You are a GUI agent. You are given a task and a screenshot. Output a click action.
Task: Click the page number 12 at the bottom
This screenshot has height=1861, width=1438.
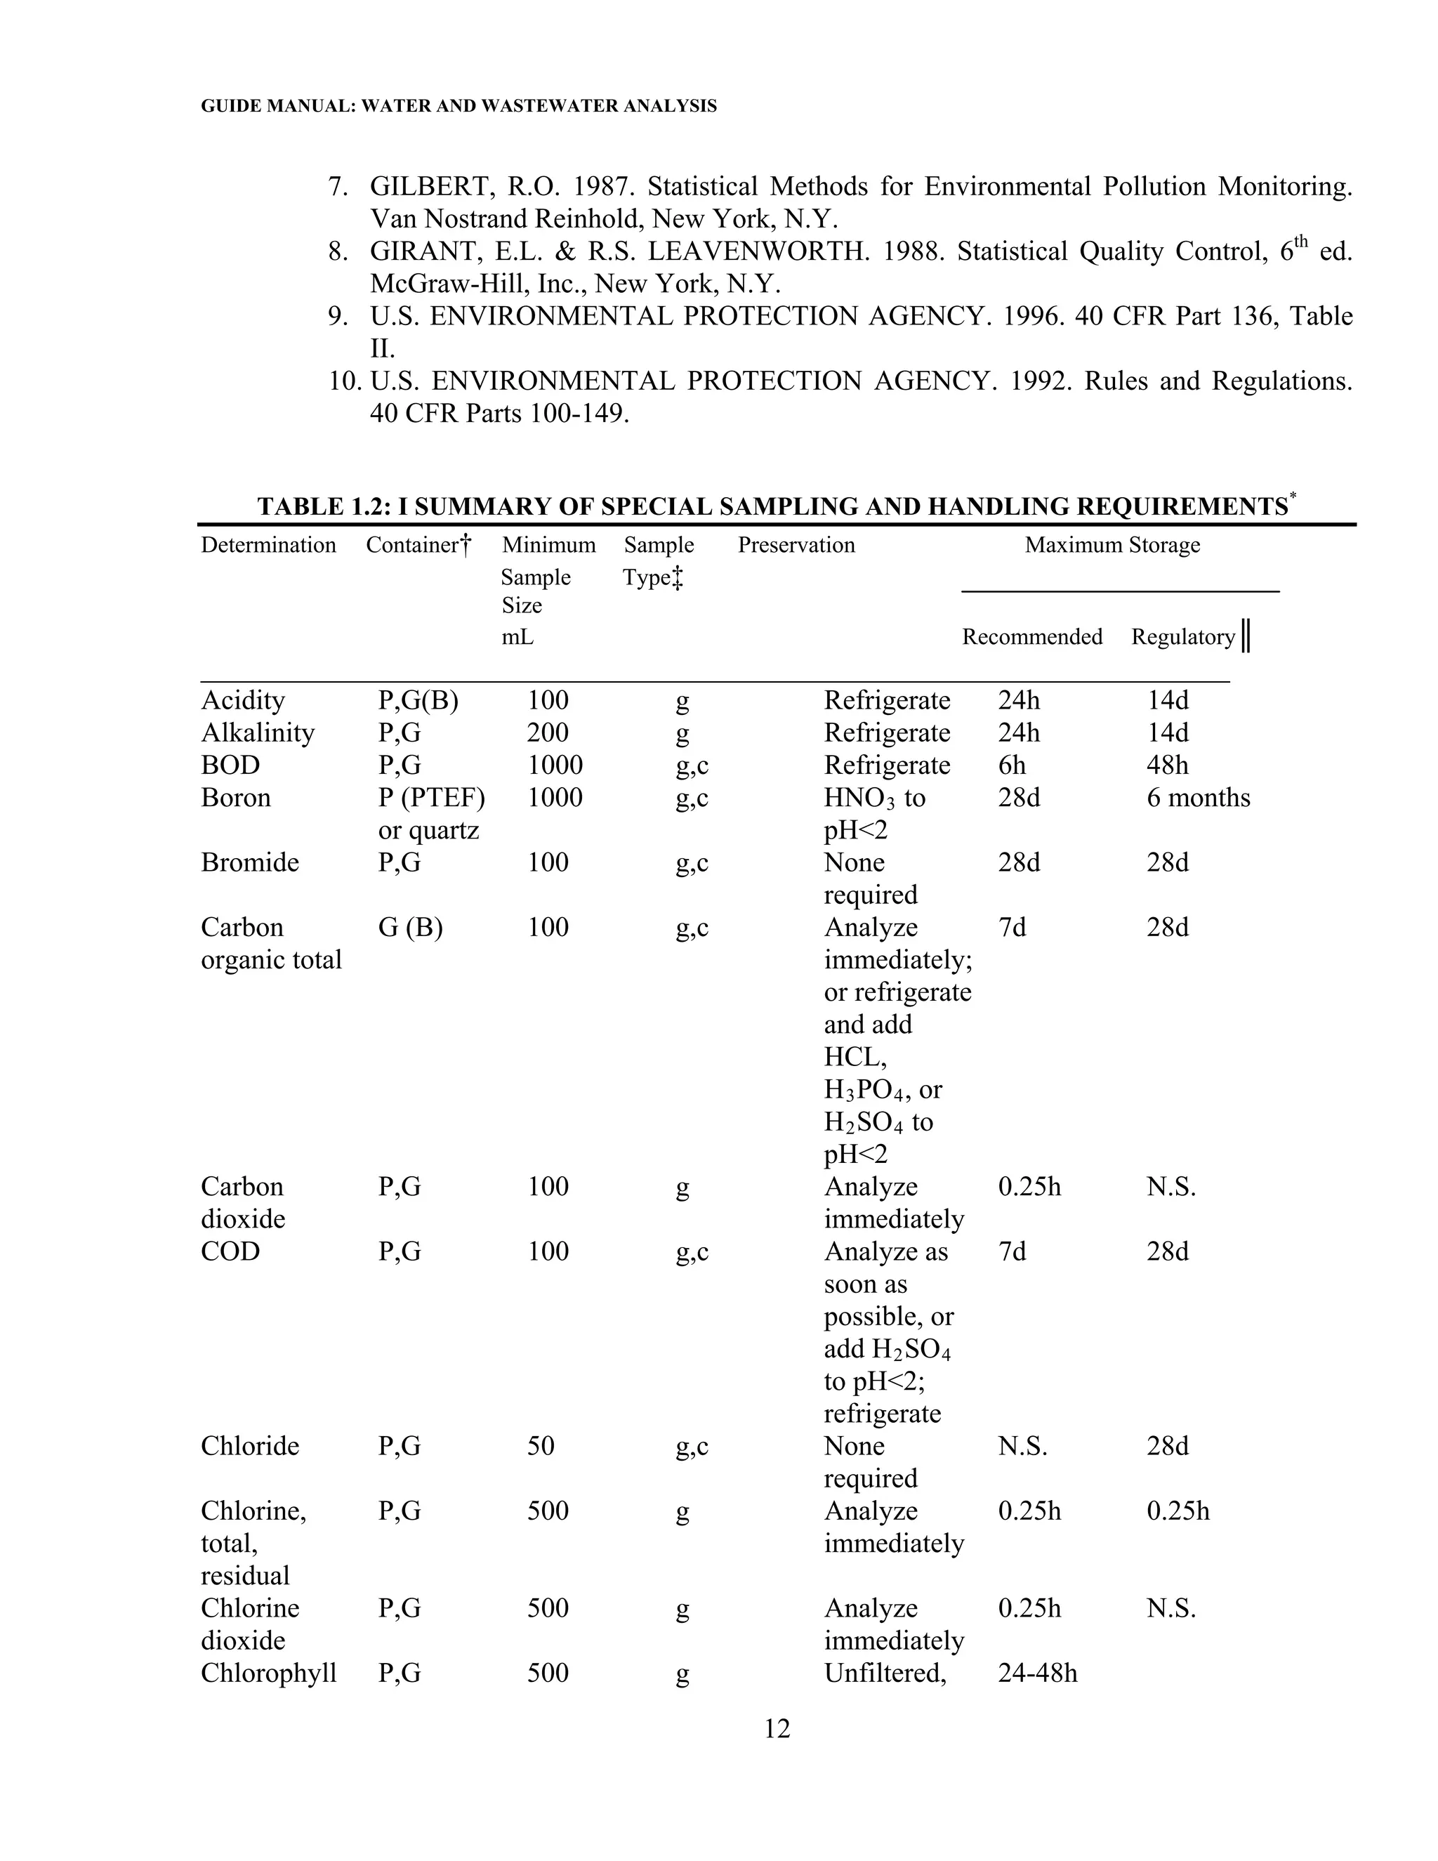[777, 1729]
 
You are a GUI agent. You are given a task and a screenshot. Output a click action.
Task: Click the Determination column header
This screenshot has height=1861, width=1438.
[268, 546]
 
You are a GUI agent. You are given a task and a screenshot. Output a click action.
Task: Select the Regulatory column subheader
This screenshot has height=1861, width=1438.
[1182, 638]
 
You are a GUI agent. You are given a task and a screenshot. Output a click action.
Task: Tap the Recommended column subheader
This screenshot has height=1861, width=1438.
[1031, 638]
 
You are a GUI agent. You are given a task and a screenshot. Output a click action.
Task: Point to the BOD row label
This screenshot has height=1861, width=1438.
[230, 765]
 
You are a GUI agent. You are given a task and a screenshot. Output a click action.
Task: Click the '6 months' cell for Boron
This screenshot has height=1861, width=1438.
[1198, 798]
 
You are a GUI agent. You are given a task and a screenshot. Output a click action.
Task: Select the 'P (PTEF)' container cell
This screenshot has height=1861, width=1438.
[431, 798]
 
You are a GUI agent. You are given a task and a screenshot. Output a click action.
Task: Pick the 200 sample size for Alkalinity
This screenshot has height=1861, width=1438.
[547, 732]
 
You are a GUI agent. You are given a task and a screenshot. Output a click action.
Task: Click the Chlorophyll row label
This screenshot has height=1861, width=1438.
[268, 1673]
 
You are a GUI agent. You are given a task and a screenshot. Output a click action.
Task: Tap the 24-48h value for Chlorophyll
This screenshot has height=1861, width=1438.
[1037, 1673]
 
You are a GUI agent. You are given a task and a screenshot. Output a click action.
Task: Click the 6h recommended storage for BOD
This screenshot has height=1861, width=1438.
[1011, 765]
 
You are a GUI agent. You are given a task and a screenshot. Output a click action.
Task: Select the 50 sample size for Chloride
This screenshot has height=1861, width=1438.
[540, 1446]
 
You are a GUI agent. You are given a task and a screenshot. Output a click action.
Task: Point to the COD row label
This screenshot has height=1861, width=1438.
[230, 1251]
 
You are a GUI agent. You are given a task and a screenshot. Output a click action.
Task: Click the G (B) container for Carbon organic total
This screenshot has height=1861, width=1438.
[410, 927]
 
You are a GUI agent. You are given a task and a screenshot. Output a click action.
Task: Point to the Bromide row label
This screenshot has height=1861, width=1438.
[249, 862]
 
